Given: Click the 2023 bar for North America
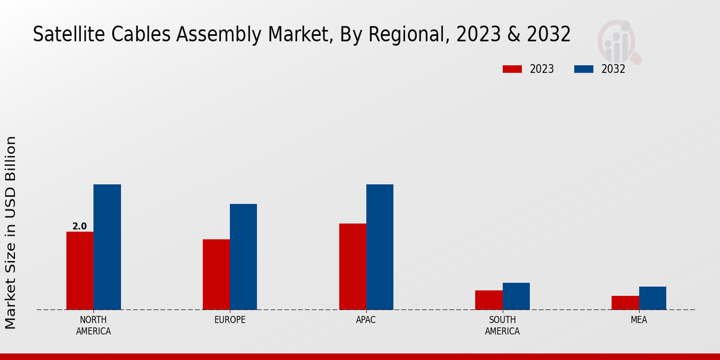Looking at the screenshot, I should [x=80, y=271].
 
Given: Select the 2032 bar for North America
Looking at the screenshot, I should [x=107, y=247].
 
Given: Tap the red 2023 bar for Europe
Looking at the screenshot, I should [x=216, y=274].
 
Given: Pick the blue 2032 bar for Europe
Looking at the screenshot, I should [x=243, y=257].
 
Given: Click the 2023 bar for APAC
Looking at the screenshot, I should [x=352, y=266].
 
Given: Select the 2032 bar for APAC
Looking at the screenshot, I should [x=380, y=247].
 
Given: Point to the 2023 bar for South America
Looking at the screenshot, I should [x=488, y=300].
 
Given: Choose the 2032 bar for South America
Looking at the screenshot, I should [x=516, y=296].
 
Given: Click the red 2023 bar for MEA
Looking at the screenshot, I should [x=625, y=302].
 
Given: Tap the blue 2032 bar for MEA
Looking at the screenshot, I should [x=652, y=298].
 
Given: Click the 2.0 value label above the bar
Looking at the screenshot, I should [x=79, y=226].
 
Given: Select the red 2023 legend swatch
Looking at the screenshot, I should [x=512, y=69].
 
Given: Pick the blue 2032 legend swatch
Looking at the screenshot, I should [x=583, y=69].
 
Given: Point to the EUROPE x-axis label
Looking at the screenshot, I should [x=230, y=320].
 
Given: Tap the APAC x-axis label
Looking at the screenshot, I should [x=366, y=320].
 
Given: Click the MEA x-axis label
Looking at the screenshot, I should [x=638, y=320].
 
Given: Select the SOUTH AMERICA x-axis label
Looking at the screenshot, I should [x=502, y=325].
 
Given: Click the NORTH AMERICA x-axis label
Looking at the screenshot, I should [x=94, y=325].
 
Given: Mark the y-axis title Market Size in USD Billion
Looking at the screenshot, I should [x=11, y=232].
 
